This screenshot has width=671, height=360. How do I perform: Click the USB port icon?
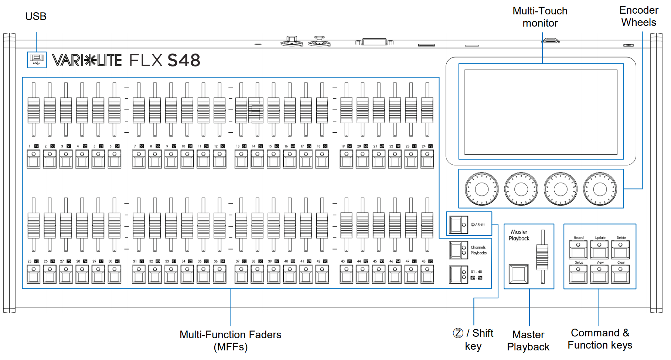37,59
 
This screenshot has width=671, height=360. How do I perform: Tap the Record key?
578,250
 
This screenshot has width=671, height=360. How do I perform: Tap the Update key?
599,250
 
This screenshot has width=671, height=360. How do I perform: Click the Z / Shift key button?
459,224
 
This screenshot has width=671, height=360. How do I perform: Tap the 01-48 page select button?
459,275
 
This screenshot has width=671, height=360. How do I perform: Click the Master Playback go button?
518,274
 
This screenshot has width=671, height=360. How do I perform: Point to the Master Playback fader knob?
542,257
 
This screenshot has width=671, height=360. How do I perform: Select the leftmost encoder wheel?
481,189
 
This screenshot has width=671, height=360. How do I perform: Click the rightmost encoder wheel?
600,189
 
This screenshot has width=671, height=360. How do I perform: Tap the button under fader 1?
34,160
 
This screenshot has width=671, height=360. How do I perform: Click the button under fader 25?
34,274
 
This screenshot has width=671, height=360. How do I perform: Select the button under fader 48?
427,274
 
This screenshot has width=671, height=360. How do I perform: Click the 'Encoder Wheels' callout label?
638,16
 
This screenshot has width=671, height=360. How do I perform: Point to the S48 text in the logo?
184,60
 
